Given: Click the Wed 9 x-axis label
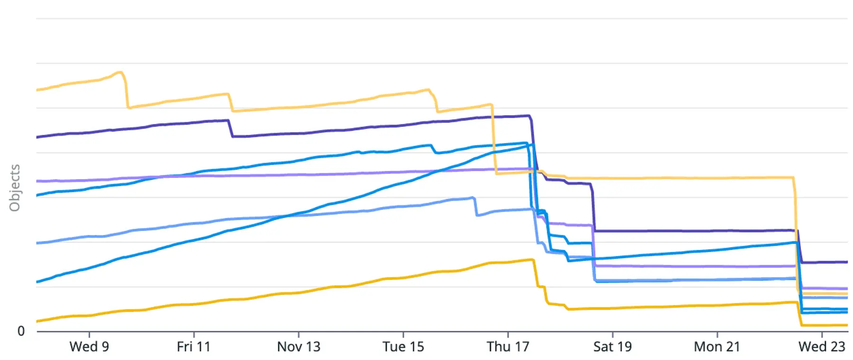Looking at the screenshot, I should (89, 347).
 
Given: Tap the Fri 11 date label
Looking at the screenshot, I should (193, 347).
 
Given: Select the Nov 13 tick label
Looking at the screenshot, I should (299, 347).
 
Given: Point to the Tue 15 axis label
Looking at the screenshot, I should (403, 347).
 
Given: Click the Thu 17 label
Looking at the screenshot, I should (508, 347).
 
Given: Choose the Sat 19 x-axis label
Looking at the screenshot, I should (612, 347).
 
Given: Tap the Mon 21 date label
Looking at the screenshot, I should (717, 347).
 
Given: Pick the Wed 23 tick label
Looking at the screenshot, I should (822, 347).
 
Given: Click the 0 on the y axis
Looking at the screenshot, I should (21, 331).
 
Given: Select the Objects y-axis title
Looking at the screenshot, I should (15, 188).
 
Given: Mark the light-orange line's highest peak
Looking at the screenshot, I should (121, 72).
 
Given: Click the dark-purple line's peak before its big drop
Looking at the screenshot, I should (528, 116).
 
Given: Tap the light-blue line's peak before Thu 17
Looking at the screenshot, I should (473, 198).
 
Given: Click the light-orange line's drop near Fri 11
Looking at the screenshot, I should (230, 102).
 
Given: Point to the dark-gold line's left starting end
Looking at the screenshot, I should (37, 321).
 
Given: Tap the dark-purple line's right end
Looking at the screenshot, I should (846, 262).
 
